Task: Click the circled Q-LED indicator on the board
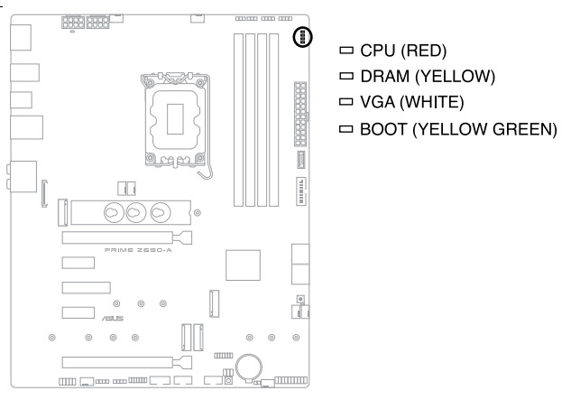tap(303, 38)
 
